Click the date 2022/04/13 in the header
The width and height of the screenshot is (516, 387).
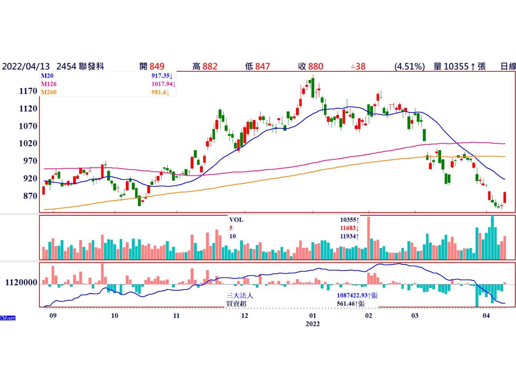[x=26, y=66]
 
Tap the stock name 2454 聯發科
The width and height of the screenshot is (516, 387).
[x=80, y=66]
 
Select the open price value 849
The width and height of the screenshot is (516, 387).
[x=157, y=66]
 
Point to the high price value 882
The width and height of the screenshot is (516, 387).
[x=210, y=66]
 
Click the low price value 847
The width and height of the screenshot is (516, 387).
[x=262, y=66]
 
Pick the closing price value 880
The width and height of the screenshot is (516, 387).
[x=315, y=66]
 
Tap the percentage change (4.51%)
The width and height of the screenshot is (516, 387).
[x=409, y=66]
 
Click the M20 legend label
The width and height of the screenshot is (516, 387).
[x=47, y=76]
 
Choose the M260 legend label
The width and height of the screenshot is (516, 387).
[x=49, y=92]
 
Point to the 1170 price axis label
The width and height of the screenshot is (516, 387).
[x=28, y=91]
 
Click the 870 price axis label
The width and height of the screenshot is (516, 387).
[x=30, y=196]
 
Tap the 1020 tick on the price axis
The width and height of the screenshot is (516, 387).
[x=28, y=143]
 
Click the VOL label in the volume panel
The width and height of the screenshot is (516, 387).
[x=236, y=220]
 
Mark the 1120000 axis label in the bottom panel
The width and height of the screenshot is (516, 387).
[x=21, y=283]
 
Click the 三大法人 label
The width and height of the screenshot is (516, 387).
[x=240, y=295]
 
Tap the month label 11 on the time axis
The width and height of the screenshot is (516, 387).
[x=176, y=316]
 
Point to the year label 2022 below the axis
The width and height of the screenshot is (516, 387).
[x=313, y=324]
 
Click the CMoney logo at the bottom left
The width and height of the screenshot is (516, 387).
[x=8, y=318]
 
